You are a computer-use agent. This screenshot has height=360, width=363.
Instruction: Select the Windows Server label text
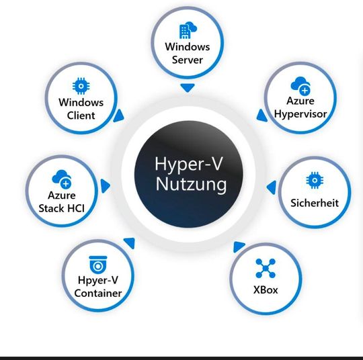click(x=188, y=54)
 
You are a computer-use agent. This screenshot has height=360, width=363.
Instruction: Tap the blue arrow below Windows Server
click(x=188, y=88)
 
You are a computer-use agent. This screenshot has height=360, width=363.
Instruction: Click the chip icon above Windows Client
click(x=81, y=87)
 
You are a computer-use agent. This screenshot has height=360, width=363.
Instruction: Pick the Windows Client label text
click(x=81, y=109)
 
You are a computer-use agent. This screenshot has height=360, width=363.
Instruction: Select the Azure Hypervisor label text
click(x=300, y=107)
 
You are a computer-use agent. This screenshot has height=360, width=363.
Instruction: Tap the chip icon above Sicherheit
click(x=313, y=180)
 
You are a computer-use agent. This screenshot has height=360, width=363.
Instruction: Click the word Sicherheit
click(x=314, y=203)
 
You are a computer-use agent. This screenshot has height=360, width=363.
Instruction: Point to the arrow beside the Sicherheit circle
click(x=271, y=186)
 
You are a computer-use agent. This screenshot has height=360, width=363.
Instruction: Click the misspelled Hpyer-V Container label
click(x=98, y=287)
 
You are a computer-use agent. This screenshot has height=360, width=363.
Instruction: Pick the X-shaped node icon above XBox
click(x=266, y=268)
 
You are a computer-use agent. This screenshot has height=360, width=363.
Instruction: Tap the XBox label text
click(x=266, y=290)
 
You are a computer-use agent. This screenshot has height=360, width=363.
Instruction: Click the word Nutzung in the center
click(x=191, y=184)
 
